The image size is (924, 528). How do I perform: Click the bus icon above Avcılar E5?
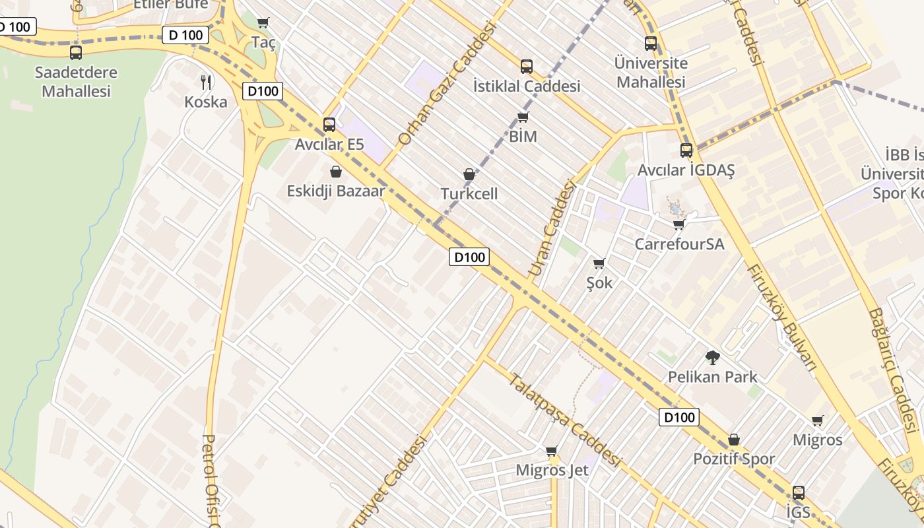(329, 124)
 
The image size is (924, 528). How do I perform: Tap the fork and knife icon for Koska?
(206, 82)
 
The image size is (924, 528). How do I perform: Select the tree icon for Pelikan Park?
(712, 358)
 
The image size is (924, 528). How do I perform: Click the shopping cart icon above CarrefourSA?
(678, 224)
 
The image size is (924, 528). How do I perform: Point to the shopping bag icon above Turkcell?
(469, 174)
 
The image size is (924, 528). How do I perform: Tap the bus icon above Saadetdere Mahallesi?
(76, 52)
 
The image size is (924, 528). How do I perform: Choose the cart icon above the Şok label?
(599, 263)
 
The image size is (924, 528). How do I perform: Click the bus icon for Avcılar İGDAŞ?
(686, 150)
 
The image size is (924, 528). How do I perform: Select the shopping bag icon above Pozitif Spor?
(734, 440)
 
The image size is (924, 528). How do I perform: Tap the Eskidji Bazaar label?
(336, 191)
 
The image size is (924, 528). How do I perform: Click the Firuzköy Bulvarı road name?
(782, 317)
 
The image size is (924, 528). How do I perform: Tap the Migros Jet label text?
(552, 471)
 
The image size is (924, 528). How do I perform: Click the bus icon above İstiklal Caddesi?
(526, 66)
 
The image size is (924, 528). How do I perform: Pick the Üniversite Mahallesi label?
(651, 73)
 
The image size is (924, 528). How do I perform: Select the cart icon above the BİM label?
(523, 117)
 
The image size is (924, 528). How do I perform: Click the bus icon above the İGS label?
(799, 492)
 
